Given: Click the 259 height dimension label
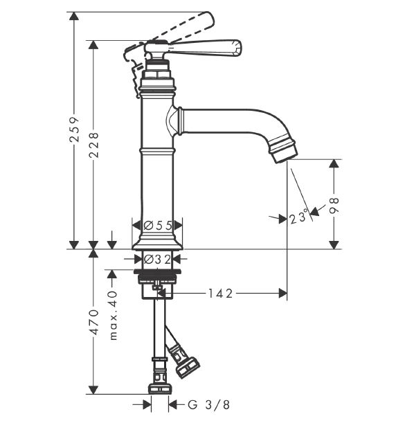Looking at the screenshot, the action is click(74, 129).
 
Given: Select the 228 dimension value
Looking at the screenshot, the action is click(94, 145).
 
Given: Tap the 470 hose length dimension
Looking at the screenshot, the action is click(94, 322).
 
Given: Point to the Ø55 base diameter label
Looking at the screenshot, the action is click(157, 225).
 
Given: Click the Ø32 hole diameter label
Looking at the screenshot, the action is click(157, 260).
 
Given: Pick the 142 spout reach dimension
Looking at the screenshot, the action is click(220, 294).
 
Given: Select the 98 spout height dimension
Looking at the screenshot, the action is click(334, 206).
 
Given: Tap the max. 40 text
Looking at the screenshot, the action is click(114, 315).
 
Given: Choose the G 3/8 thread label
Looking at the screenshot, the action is click(208, 405).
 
